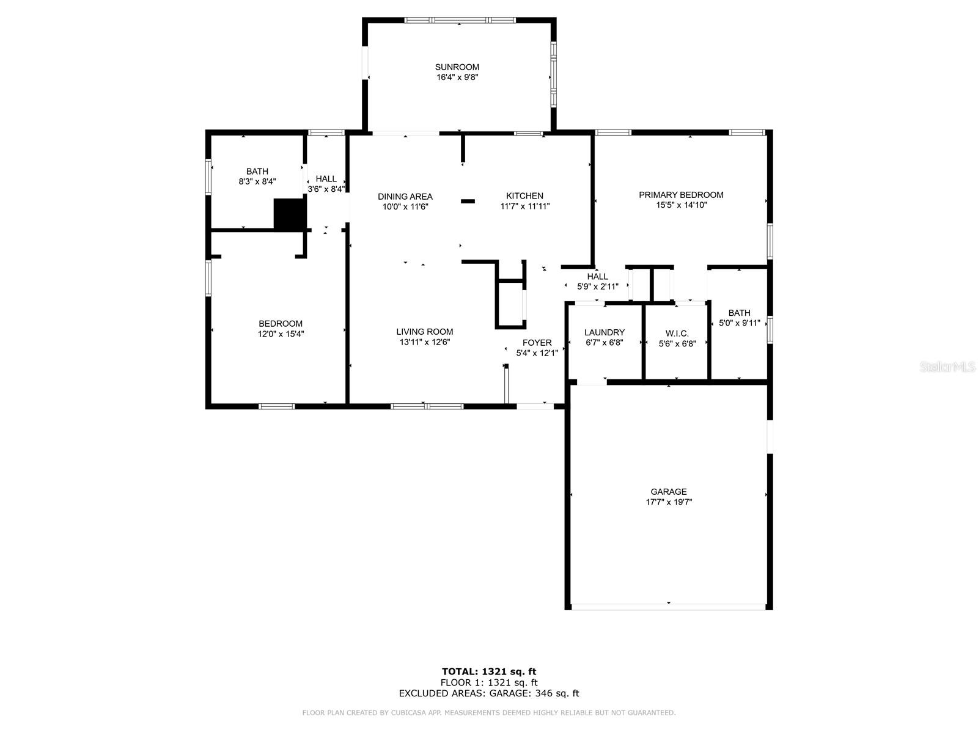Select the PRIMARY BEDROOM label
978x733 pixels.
click(x=681, y=195)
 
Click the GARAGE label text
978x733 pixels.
click(x=669, y=492)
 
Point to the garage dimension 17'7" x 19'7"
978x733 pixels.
click(x=669, y=502)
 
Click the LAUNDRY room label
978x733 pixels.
click(x=604, y=333)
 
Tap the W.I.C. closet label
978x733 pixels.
click(x=677, y=334)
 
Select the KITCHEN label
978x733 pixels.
click(x=524, y=196)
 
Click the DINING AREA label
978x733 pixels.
click(x=405, y=197)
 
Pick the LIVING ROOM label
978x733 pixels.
click(x=424, y=332)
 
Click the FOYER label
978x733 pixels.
click(x=537, y=343)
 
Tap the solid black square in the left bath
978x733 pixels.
click(x=289, y=214)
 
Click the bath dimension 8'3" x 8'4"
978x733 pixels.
click(x=257, y=182)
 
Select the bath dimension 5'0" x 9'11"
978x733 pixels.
click(x=739, y=323)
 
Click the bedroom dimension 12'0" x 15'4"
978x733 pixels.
click(x=281, y=334)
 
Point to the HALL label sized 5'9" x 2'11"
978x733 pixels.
click(x=597, y=277)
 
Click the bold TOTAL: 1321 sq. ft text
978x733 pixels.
click(x=489, y=672)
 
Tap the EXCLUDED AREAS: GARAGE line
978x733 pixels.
click(x=489, y=693)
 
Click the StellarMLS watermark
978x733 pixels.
click(x=947, y=367)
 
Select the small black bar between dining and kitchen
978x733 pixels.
click(x=468, y=201)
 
